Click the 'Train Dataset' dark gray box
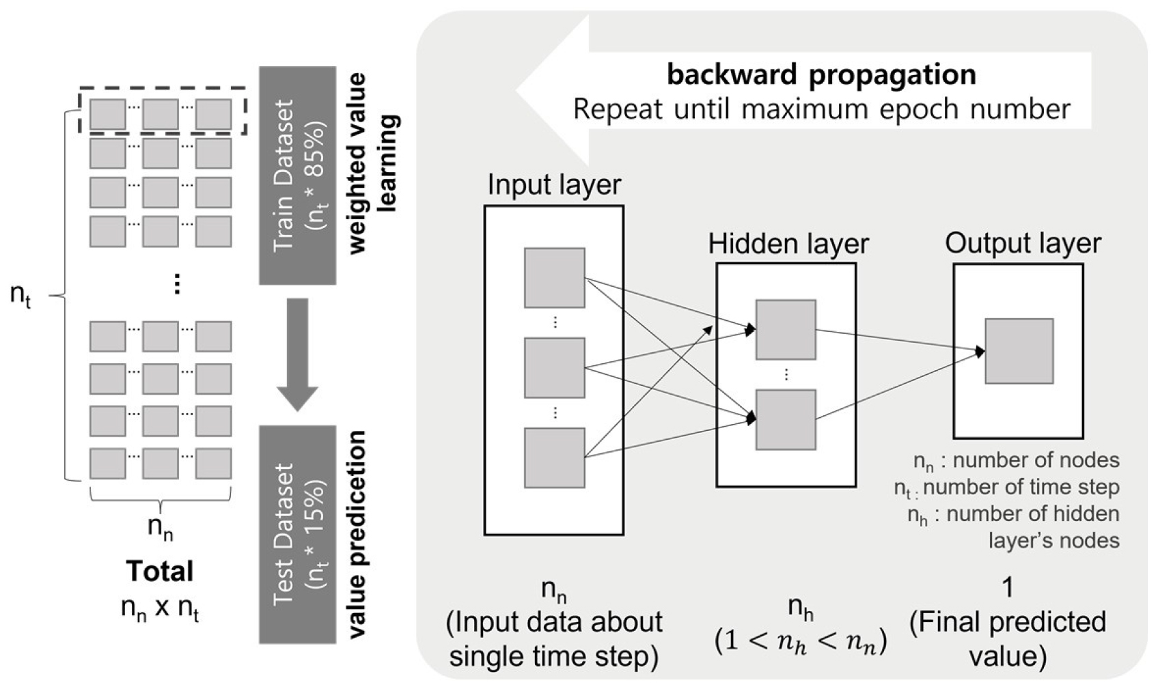click(x=297, y=175)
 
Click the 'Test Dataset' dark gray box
click(x=297, y=534)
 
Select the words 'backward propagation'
click(x=821, y=74)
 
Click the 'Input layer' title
click(x=554, y=185)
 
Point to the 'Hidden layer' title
click(x=788, y=244)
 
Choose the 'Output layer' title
click(x=1023, y=243)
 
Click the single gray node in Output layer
click(x=1019, y=351)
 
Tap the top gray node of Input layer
click(x=554, y=278)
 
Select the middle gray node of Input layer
click(x=554, y=367)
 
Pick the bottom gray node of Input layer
click(x=554, y=457)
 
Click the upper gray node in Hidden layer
click(x=786, y=329)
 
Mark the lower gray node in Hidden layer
click(x=786, y=419)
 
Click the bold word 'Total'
click(x=160, y=572)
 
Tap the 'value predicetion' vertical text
click(x=357, y=535)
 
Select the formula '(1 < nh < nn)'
click(x=801, y=642)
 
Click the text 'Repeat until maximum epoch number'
click(x=821, y=109)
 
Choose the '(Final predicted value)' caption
click(x=1008, y=639)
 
